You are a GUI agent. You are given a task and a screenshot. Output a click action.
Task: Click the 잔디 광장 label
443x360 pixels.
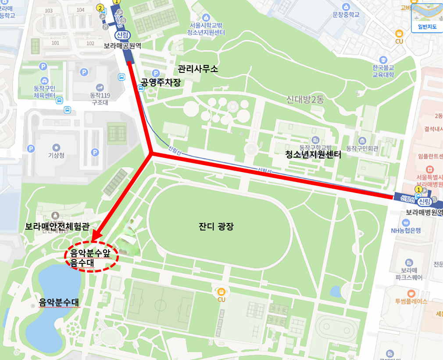[216, 227]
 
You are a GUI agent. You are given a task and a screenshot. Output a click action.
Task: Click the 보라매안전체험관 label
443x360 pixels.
[57, 227]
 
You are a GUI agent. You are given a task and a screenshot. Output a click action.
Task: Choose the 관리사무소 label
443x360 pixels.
[197, 69]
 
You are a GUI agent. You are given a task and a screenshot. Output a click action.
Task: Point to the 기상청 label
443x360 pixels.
[56, 155]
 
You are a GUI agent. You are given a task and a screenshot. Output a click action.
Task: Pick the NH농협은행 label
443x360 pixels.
[406, 230]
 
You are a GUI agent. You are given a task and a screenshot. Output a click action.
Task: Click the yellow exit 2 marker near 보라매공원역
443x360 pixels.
[101, 8]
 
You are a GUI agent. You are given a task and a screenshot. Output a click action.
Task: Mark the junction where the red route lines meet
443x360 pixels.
[151, 154]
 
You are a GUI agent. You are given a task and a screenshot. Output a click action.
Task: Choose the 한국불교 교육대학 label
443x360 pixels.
[383, 71]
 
